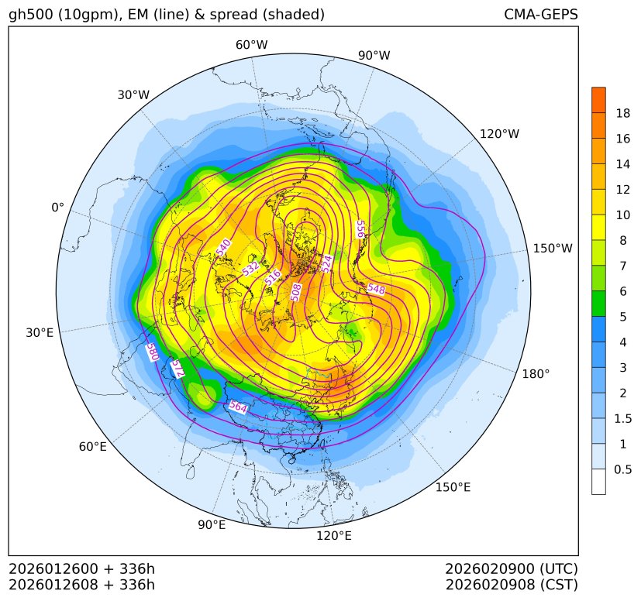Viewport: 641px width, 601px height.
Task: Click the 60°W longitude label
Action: click(x=251, y=45)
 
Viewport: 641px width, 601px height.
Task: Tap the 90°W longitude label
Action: click(x=374, y=55)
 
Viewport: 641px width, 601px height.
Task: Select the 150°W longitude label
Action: click(x=553, y=249)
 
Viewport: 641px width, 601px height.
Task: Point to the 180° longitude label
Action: click(x=536, y=373)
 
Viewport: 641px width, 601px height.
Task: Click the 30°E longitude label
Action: click(x=40, y=333)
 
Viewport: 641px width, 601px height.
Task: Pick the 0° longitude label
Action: click(x=57, y=208)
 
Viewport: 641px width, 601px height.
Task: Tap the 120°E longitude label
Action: click(x=334, y=536)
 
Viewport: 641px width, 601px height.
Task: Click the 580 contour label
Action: click(x=153, y=352)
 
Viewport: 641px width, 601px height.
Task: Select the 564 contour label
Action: click(x=239, y=407)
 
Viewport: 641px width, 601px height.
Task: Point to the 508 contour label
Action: click(x=295, y=291)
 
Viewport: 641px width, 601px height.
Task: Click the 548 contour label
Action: click(x=377, y=289)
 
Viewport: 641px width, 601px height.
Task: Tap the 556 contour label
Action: click(x=360, y=229)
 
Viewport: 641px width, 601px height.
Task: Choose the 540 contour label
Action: click(x=224, y=248)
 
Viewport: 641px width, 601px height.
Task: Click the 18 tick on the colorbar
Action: click(x=622, y=113)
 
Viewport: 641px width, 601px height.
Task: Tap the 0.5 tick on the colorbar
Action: click(x=623, y=469)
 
